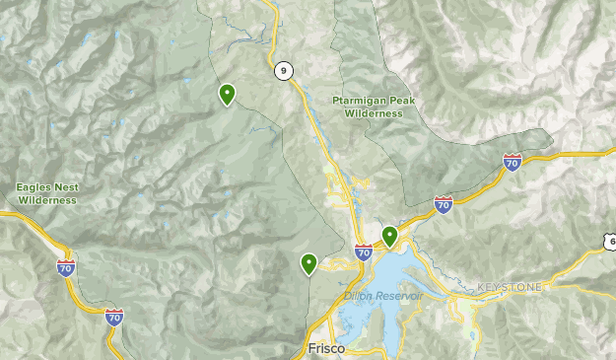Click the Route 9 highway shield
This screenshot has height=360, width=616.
283,70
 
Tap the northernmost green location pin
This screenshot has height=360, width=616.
228,95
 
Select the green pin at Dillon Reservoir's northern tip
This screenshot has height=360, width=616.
390,236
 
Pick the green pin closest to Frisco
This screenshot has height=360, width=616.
309,263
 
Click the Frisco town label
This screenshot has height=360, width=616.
317,349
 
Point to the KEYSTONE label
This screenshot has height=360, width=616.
509,287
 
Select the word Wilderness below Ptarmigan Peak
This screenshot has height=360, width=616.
374,113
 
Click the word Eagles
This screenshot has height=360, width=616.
34,187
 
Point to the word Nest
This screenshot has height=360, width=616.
67,187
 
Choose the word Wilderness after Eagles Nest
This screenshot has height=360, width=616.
45,200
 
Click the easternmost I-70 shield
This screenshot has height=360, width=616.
513,161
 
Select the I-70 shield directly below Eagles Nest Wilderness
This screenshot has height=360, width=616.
66,266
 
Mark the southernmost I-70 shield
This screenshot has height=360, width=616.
114,317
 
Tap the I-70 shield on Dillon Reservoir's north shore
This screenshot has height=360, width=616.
364,252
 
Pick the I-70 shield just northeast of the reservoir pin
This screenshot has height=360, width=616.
444,203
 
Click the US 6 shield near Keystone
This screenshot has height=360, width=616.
611,241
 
